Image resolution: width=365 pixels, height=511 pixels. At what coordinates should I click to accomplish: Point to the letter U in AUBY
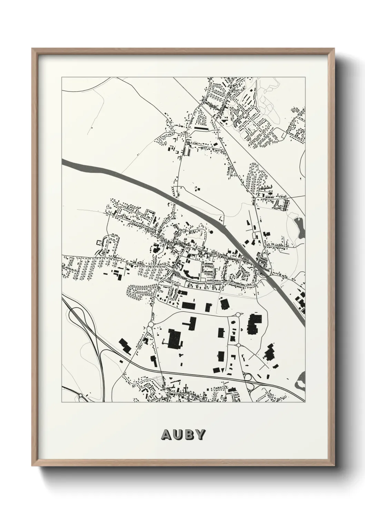click(x=177, y=435)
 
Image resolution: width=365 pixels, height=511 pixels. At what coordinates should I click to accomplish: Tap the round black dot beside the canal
click(x=211, y=233)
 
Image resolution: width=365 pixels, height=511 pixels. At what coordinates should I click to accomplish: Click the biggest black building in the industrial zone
click(x=175, y=339)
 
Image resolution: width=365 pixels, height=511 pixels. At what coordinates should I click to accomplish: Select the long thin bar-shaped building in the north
click(x=202, y=128)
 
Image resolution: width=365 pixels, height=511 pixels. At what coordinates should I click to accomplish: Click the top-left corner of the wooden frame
click(x=32, y=49)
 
